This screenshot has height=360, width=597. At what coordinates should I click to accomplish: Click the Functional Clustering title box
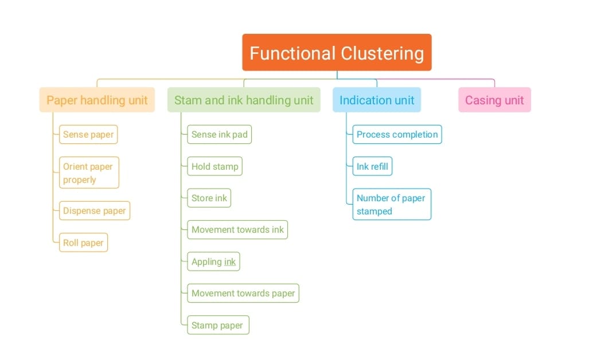point(337,53)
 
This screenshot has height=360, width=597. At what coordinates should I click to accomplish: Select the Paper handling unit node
point(97,100)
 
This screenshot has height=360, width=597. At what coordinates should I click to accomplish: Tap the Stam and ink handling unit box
point(244,100)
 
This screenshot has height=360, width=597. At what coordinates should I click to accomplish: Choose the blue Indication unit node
point(377,100)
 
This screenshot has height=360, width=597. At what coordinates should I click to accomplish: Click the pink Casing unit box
point(494,100)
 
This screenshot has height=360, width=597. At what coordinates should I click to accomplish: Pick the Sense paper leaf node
point(88,135)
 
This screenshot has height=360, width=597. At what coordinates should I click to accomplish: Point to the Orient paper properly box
point(89,173)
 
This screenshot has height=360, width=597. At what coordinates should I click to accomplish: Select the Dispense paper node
point(95,210)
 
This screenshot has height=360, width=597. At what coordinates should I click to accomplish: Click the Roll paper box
point(83,242)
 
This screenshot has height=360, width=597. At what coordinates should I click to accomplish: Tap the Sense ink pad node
point(220,135)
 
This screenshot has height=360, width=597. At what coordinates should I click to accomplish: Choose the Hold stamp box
point(214,167)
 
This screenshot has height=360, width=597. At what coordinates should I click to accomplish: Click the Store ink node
point(209,198)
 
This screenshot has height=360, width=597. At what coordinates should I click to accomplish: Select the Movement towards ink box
point(237,230)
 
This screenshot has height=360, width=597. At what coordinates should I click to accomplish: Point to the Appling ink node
point(213,261)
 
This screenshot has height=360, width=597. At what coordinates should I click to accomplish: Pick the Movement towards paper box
point(243,294)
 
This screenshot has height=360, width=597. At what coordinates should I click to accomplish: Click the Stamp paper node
point(217,325)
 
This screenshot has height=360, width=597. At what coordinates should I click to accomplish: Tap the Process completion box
point(397,135)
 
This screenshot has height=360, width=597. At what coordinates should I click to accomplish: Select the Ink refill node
point(372,167)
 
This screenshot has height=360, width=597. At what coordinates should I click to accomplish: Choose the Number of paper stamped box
point(391,204)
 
